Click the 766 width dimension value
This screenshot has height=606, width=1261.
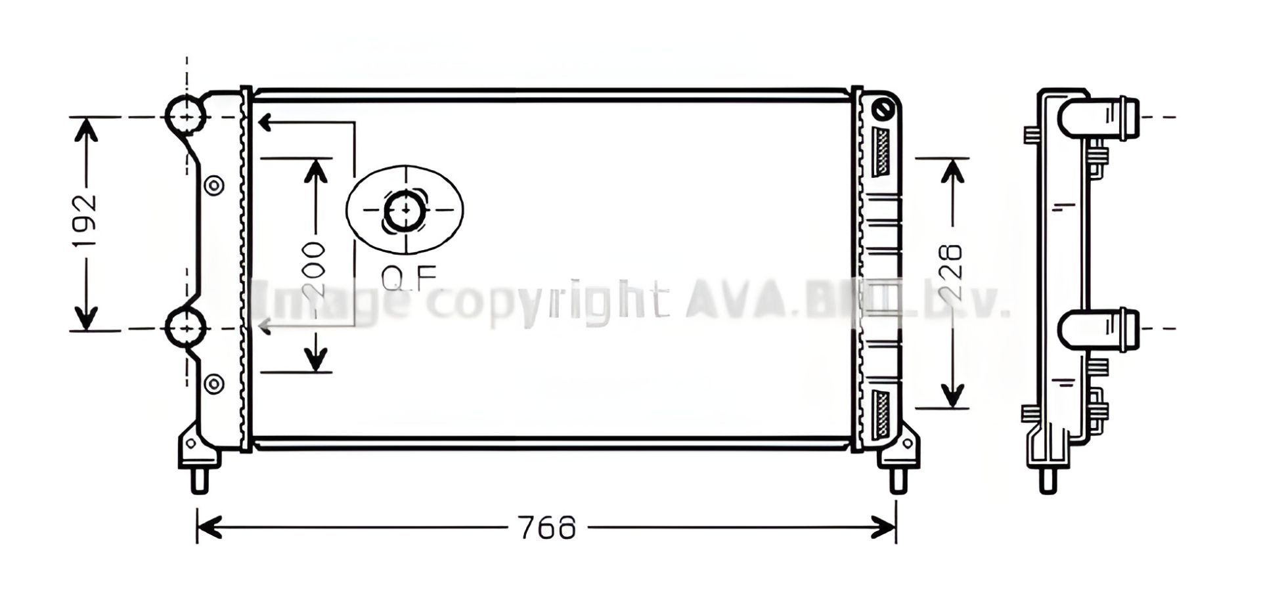[x=546, y=529]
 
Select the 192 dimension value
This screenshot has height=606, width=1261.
[x=85, y=221]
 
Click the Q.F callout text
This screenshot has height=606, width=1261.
[x=409, y=279]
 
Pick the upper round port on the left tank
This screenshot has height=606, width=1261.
[x=187, y=117]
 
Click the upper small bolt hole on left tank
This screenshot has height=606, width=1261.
[x=214, y=186]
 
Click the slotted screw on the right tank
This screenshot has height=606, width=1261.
[x=885, y=110]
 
